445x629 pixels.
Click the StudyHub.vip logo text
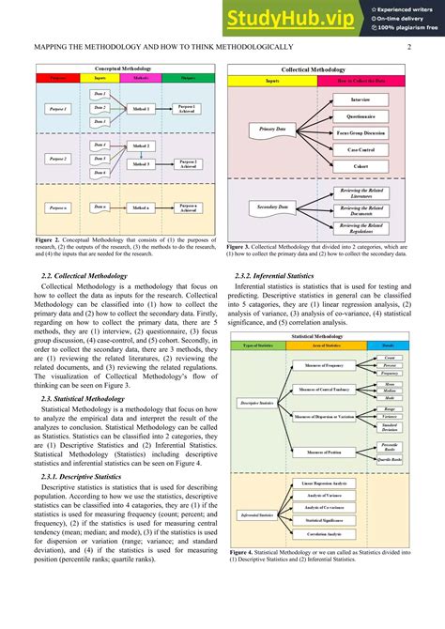[x=290, y=18]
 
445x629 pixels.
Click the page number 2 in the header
[x=410, y=47]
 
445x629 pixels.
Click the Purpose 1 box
[x=59, y=110]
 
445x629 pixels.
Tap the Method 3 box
[x=141, y=164]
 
